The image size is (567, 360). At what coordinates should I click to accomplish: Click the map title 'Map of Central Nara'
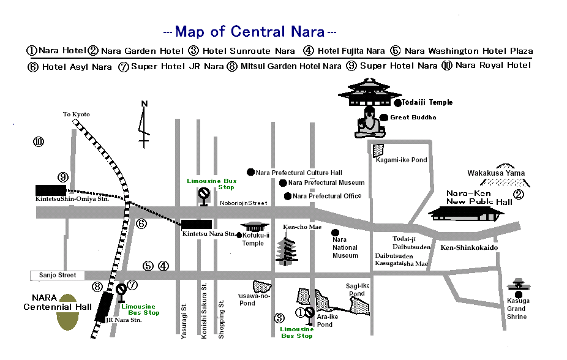tap(250, 32)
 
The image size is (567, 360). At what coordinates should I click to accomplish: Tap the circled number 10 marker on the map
tap(39, 141)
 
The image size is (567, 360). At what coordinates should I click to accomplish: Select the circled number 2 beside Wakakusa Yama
tap(519, 195)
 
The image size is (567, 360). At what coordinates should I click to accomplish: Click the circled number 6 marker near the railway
tap(141, 223)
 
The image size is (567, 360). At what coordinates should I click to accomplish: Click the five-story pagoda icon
tap(287, 251)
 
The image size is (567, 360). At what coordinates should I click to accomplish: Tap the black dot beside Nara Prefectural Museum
tap(283, 183)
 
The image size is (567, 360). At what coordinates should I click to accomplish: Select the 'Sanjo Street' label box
tap(58, 276)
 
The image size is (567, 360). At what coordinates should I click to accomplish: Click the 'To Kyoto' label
tap(77, 114)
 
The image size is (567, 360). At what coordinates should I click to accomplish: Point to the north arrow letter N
tap(145, 103)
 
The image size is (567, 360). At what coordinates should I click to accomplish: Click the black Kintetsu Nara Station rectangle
tap(197, 224)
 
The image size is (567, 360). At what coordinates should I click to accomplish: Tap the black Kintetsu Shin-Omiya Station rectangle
tap(51, 190)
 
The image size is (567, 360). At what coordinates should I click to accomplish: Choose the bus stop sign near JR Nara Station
tap(121, 293)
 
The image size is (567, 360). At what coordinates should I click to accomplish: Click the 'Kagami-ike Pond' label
tap(402, 160)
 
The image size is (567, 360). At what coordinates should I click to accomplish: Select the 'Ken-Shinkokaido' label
tap(469, 247)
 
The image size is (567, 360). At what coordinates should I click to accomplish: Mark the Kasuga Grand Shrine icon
tap(519, 288)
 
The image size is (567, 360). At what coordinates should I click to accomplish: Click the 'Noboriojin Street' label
tap(243, 203)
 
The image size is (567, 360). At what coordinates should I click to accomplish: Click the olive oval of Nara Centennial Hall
tap(67, 312)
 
